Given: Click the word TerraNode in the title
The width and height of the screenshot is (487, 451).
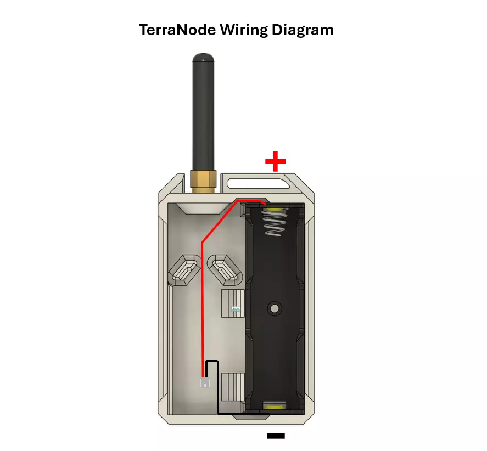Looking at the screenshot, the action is click(177, 30).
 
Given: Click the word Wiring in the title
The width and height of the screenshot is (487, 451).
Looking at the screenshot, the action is click(244, 31).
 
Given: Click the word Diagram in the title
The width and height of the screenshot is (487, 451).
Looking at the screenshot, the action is click(303, 31).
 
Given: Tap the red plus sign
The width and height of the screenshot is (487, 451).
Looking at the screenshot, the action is click(275, 161).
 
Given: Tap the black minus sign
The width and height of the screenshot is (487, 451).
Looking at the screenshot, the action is click(276, 436).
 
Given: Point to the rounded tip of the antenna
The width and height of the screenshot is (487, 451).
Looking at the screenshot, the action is click(204, 57).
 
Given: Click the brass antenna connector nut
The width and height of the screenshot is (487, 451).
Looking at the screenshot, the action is click(204, 181).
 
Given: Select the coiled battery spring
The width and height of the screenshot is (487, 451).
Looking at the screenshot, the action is click(275, 222).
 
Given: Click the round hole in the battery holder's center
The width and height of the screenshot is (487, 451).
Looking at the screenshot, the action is click(275, 308).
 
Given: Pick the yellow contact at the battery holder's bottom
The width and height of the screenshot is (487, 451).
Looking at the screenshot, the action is click(275, 407).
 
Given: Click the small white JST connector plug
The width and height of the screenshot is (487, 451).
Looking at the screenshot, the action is click(205, 382).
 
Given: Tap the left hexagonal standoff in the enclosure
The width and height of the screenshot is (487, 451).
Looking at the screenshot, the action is click(184, 270).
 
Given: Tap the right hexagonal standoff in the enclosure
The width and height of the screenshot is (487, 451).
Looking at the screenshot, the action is click(225, 270).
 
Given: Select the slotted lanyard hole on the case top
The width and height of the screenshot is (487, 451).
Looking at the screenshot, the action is click(259, 183).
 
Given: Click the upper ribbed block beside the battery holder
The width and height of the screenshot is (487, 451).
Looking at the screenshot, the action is click(233, 303).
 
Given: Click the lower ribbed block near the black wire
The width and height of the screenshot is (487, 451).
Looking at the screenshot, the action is click(233, 387).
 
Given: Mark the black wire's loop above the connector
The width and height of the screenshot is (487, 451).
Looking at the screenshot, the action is click(212, 362).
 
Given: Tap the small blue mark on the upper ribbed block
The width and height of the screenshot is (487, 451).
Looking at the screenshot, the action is click(236, 309).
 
